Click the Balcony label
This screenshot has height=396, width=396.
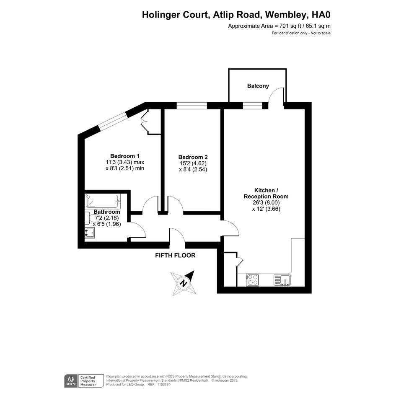(x=258, y=86)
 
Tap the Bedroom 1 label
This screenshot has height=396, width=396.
(x=125, y=156)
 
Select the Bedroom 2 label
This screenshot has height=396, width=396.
(x=193, y=157)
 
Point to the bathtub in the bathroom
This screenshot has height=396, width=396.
(x=103, y=201)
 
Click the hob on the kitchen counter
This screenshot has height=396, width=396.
(x=252, y=280)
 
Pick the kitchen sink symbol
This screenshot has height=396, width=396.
(x=282, y=280)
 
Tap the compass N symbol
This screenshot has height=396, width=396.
(x=184, y=283)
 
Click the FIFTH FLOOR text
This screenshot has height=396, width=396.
(x=175, y=255)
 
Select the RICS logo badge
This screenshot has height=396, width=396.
(x=71, y=381)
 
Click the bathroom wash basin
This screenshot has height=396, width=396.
(x=90, y=233)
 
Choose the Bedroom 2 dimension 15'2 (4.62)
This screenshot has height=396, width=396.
(x=193, y=163)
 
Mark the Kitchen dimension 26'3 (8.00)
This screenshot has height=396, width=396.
(x=266, y=202)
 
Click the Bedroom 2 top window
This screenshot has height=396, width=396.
(x=192, y=106)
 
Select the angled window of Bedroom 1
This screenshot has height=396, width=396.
(x=113, y=121)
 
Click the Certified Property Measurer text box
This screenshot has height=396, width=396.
(x=91, y=381)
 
